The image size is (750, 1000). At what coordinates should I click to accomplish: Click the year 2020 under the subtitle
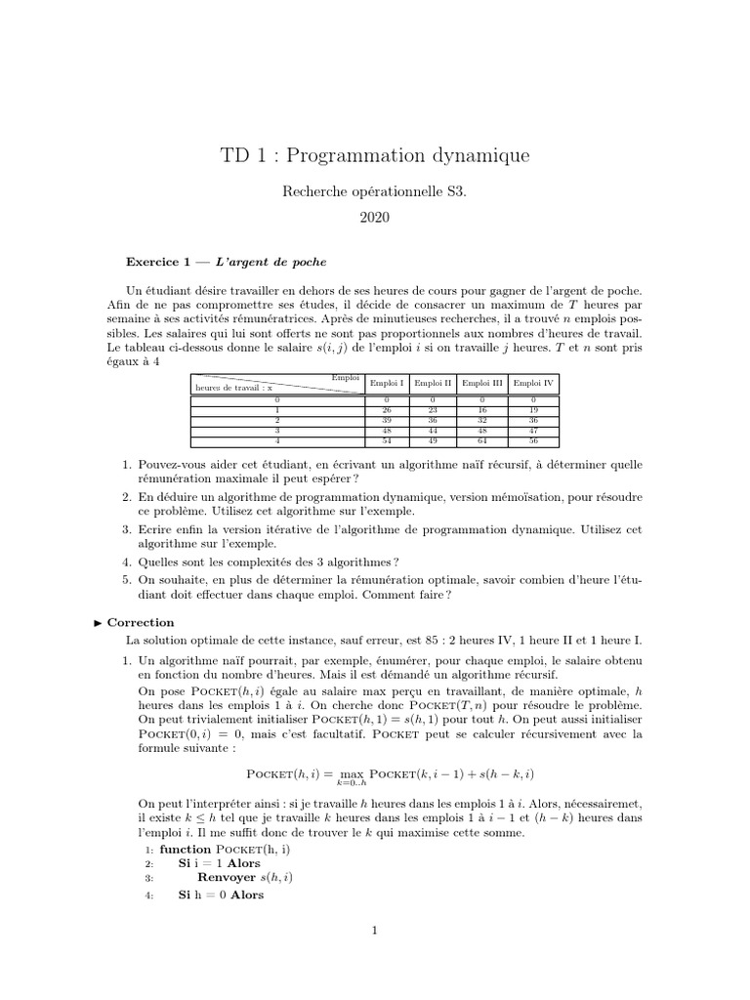coord(374,218)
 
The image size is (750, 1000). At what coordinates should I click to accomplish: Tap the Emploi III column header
coord(482,384)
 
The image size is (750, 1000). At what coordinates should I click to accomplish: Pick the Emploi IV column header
coord(533,384)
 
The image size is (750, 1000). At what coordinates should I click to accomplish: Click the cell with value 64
coord(482,439)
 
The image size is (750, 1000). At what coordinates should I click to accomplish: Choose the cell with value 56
coord(533,439)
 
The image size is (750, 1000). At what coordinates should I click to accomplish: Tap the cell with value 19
coord(533,410)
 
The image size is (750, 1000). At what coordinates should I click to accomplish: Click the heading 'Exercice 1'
coord(162,263)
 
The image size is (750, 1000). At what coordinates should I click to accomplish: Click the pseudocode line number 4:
coord(149,895)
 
